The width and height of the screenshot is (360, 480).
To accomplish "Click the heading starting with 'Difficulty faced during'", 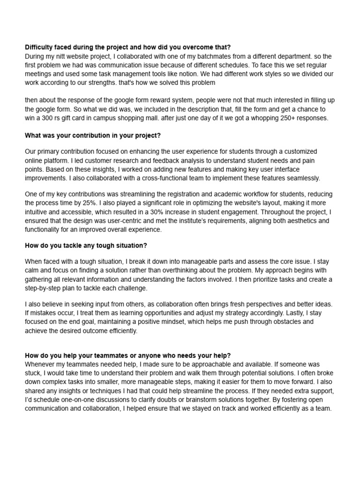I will (x=127, y=47).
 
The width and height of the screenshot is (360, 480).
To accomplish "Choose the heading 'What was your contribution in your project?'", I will (x=93, y=135).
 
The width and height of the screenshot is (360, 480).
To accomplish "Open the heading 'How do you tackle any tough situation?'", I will (x=86, y=246).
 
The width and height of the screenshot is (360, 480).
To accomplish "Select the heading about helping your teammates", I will (x=127, y=356).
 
